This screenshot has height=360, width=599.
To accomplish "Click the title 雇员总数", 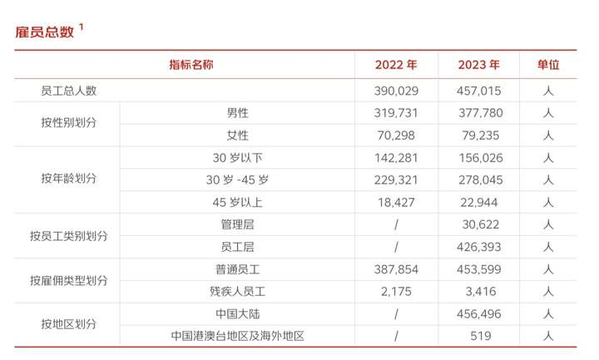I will tap(45, 32).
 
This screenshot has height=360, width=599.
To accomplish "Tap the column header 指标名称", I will tap(191, 65).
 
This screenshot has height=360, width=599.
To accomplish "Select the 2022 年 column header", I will tap(396, 65).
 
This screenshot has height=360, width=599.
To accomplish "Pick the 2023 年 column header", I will tap(479, 65).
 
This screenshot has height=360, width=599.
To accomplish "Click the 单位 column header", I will tap(548, 65).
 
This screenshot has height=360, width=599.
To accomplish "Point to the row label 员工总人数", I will tap(68, 91).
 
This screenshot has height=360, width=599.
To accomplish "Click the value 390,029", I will tap(396, 91).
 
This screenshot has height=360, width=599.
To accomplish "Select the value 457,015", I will tap(479, 91).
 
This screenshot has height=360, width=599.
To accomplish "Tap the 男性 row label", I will tap(237, 113).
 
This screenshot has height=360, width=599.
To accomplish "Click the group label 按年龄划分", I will tap(68, 180).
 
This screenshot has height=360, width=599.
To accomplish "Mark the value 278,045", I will tap(479, 180).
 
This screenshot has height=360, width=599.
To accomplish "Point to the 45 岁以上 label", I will tap(237, 202).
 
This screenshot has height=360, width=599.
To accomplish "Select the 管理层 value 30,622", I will tap(479, 224).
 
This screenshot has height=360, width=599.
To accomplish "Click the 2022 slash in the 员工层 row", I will tap(396, 247).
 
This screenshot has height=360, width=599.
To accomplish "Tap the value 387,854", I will tap(396, 269).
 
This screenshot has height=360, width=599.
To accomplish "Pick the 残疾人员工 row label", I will tap(237, 292).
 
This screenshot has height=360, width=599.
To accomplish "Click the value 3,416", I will tap(479, 292).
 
